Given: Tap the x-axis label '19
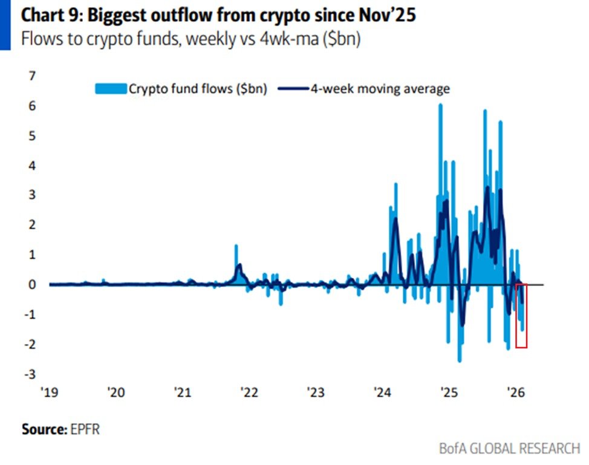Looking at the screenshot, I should coord(48,392).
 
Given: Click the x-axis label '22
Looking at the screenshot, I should coord(249,392).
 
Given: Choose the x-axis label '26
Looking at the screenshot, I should coord(515,392).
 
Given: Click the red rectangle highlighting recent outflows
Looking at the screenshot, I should coord(521,316).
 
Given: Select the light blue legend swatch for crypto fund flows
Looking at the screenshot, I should coord(110,89).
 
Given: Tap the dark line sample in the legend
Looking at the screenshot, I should coord(293,89).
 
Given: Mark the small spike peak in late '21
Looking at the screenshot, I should coord(236,246).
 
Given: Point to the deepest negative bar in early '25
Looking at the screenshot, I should coord(460,360).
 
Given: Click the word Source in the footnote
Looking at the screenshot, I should coord(42,430).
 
